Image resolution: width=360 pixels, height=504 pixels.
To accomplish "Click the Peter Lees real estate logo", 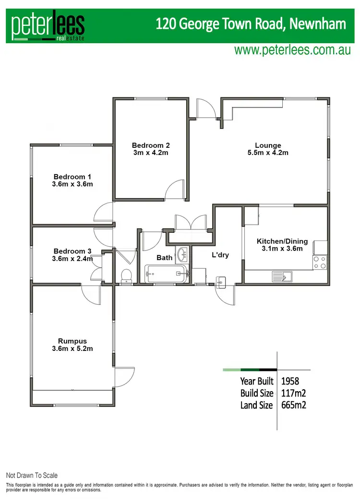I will tap(48, 25).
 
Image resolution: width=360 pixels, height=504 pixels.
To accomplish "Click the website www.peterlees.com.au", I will tap(292, 50).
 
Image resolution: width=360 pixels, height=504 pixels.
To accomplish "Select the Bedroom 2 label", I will tap(151, 149).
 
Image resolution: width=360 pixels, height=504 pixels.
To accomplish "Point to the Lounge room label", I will tap(268, 149).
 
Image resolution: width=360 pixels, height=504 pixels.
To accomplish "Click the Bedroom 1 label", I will tap(73, 180).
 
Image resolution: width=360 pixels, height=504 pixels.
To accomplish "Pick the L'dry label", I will tap(220, 255).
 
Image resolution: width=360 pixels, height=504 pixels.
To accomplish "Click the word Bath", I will tap(165, 258).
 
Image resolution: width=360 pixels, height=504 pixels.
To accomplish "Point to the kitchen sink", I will tap(282, 276).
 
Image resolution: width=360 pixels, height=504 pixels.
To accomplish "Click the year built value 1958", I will tap(290, 382).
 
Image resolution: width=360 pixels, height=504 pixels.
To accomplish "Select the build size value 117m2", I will tap(294, 393).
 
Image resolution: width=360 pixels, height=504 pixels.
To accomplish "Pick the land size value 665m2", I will tap(294, 405).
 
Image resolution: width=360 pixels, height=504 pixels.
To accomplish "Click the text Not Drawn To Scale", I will tap(32, 476).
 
